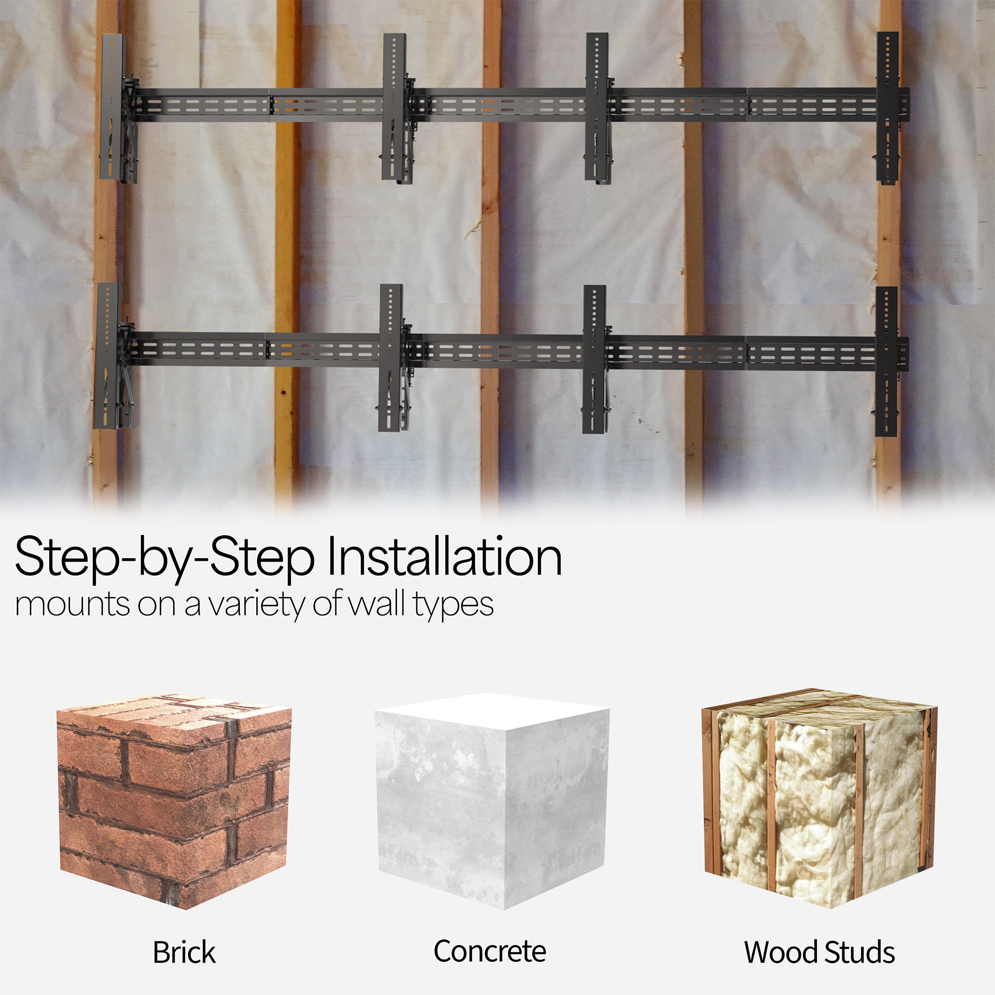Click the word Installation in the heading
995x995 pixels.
pos(444,557)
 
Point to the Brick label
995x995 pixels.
pos(184,952)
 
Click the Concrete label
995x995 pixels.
pos(490,951)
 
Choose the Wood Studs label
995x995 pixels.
pos(819,952)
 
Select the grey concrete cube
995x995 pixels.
pos(492,803)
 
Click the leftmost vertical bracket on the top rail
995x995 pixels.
pos(113,108)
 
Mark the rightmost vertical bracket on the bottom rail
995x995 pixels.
pos(887,361)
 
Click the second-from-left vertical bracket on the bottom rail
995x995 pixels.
pos(392,357)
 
